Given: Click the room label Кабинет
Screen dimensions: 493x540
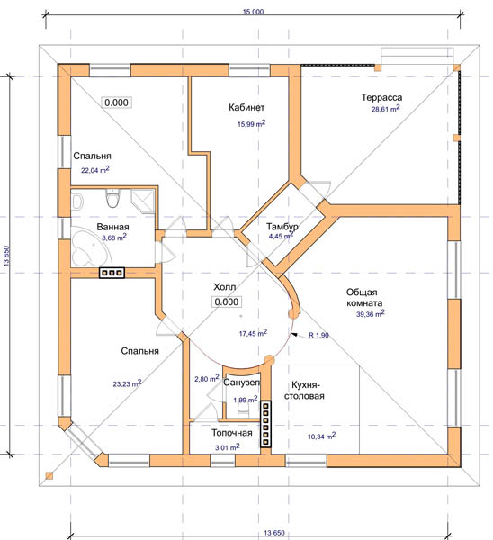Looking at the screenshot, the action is point(246,107).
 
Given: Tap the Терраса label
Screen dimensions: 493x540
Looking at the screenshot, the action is point(381,97).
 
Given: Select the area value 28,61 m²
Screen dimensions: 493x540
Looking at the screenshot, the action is point(385,109).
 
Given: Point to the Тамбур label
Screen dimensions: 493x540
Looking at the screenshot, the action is point(282,227).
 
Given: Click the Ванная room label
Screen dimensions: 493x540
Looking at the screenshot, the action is point(113,227).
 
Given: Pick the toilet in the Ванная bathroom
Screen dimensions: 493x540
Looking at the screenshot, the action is point(112,199).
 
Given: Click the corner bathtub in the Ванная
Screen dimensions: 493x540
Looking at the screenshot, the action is point(88,248).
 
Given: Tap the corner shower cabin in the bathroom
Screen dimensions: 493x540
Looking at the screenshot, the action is point(142,201).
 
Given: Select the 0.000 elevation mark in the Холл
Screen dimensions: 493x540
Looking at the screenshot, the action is point(226,301).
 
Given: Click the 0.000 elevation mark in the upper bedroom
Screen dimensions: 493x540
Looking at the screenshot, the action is point(116,103).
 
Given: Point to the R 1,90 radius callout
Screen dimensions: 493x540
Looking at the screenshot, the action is point(318,335).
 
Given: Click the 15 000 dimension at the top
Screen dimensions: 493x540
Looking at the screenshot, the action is point(253,12).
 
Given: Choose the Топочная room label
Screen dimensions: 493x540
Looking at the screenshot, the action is point(232,433).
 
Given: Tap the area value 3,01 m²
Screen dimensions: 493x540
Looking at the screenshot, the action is point(228,447).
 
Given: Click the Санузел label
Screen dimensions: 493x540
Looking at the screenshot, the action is point(242,382).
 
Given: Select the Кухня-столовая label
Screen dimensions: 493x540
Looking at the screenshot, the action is point(304,391).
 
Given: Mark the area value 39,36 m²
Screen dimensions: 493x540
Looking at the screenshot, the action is point(370,314).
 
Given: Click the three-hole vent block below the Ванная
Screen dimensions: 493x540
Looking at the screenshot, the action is point(112,273).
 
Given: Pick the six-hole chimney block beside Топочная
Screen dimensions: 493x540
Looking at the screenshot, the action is point(265,424).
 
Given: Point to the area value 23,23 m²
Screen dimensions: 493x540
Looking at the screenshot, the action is point(127,383).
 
